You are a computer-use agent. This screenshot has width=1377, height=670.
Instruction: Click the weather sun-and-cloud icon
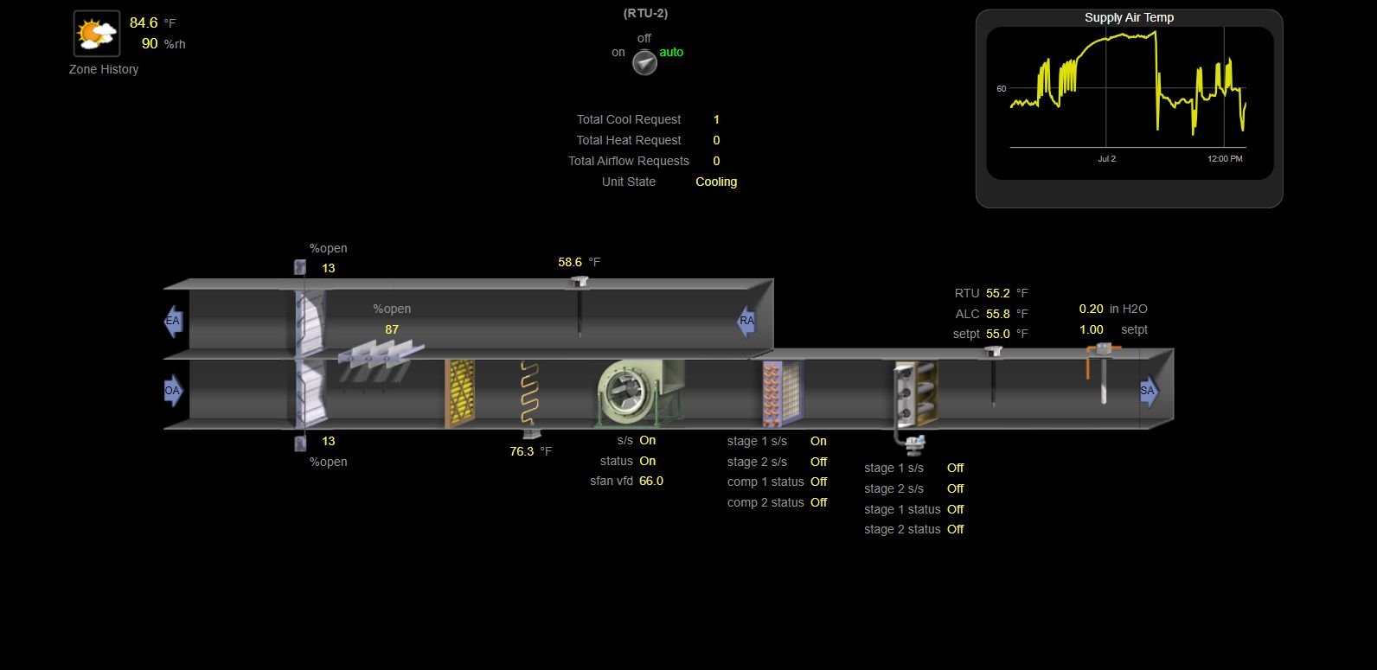coord(97,34)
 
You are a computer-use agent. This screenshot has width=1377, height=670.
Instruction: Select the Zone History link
coord(103,69)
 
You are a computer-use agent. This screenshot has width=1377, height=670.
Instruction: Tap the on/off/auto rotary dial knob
coord(645,63)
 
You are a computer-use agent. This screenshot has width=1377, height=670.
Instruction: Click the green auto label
coord(671,52)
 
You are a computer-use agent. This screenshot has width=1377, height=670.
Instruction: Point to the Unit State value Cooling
coord(716,182)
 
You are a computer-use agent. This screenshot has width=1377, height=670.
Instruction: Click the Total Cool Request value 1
coord(716,119)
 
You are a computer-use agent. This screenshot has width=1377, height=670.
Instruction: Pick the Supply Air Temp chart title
coord(1130,18)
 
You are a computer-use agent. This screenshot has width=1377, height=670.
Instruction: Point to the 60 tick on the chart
coord(1002,89)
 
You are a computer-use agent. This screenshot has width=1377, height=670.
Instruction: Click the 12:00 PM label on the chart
coord(1225,158)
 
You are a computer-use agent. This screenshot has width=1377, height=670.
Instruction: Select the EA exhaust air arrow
coord(173,321)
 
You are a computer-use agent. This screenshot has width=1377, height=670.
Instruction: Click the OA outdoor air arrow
coord(173,390)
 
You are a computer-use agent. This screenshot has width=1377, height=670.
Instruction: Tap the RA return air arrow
coord(746,321)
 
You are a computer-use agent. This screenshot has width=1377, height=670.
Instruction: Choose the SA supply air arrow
coord(1149,391)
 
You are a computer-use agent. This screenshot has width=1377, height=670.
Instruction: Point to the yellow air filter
coord(460,393)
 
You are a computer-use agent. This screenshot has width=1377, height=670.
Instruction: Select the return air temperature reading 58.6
coord(569,263)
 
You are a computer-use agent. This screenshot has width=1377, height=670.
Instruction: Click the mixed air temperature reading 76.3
coord(522,452)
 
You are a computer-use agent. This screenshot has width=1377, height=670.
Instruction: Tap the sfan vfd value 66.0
coord(651,482)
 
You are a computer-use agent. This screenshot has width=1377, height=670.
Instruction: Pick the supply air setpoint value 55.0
coord(997,335)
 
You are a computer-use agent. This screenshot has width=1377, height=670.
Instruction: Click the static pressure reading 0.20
coord(1092,309)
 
